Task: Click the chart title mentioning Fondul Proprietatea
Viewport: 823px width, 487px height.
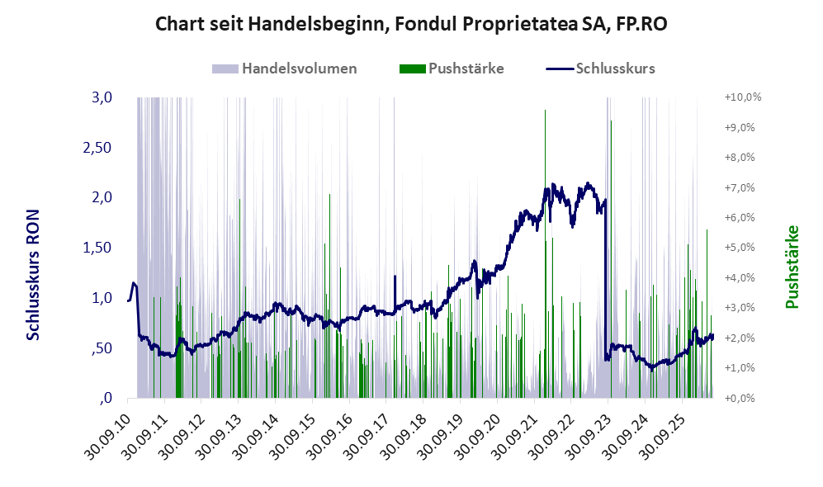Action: tap(411, 24)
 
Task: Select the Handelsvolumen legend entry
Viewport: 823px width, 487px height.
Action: tap(285, 69)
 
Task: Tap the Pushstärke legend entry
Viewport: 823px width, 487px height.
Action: tap(452, 69)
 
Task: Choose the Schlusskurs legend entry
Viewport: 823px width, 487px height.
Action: tap(600, 69)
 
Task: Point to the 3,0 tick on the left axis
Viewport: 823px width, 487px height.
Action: tap(102, 97)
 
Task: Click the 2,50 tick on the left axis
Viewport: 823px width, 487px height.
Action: tap(97, 148)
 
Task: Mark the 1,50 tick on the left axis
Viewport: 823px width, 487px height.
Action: tap(97, 248)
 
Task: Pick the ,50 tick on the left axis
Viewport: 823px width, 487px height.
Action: tap(102, 348)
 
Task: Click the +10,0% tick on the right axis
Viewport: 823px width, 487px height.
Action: tap(743, 97)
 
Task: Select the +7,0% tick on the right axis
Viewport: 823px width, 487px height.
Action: tap(740, 187)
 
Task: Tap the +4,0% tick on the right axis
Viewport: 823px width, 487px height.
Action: tap(740, 277)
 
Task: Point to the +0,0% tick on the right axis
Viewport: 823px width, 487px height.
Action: tap(740, 398)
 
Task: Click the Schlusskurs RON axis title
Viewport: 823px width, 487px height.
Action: tap(33, 275)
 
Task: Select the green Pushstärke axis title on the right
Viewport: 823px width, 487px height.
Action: tap(792, 267)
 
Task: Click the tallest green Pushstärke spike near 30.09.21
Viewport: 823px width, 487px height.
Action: tap(546, 253)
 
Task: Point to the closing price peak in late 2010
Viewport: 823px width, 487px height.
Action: tap(134, 284)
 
